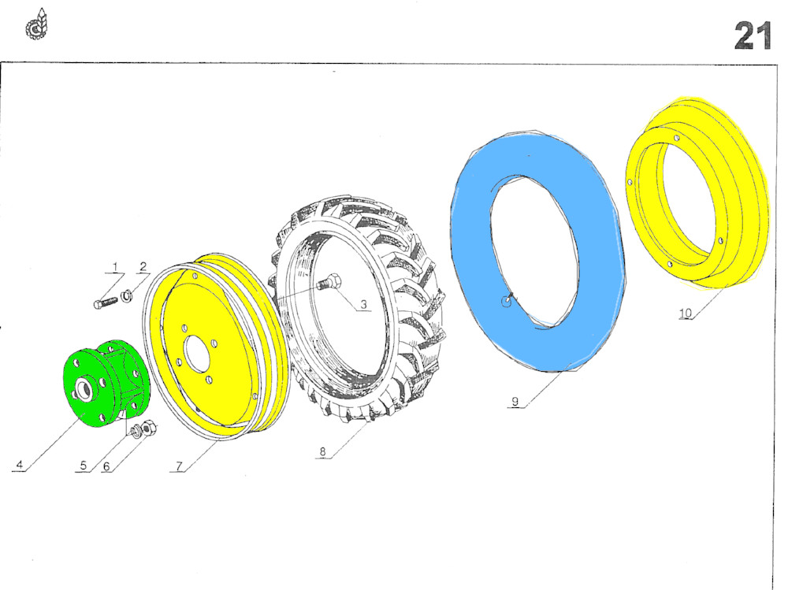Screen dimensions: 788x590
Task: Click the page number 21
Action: pos(753,35)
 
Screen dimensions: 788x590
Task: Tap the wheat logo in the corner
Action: pos(37,24)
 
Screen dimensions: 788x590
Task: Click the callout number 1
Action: pos(115,266)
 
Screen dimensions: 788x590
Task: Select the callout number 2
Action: pos(143,266)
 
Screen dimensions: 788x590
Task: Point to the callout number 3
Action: pos(363,305)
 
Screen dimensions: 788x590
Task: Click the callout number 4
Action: pos(20,465)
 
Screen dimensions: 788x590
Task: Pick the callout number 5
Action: pos(84,466)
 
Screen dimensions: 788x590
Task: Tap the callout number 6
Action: pos(106,466)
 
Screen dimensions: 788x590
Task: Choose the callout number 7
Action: pos(179,466)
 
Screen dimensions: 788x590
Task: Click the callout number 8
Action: pos(322,452)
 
